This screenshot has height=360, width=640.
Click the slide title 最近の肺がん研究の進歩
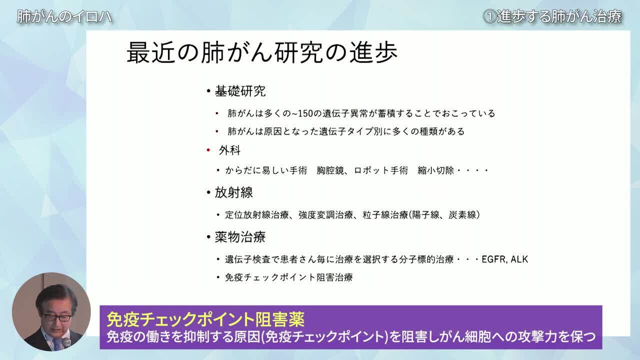(x=262, y=52)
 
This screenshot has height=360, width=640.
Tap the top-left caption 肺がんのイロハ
(x=64, y=16)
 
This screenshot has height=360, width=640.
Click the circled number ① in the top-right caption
(x=489, y=16)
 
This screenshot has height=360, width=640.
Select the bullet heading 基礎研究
(x=240, y=91)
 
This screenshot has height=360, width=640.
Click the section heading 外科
(x=229, y=150)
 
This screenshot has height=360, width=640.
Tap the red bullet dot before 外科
(x=208, y=150)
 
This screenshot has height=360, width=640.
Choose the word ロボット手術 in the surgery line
(x=381, y=170)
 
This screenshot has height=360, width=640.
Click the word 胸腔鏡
(x=330, y=170)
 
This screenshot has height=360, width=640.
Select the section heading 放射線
(x=233, y=192)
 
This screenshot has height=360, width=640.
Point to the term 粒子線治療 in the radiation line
(x=385, y=215)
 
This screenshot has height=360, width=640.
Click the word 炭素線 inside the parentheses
(x=462, y=215)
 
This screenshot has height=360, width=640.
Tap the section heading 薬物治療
(x=240, y=237)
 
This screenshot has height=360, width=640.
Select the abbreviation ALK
(x=519, y=259)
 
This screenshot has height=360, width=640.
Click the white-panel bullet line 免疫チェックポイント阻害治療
(x=289, y=277)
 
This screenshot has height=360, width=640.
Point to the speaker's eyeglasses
(x=57, y=317)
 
